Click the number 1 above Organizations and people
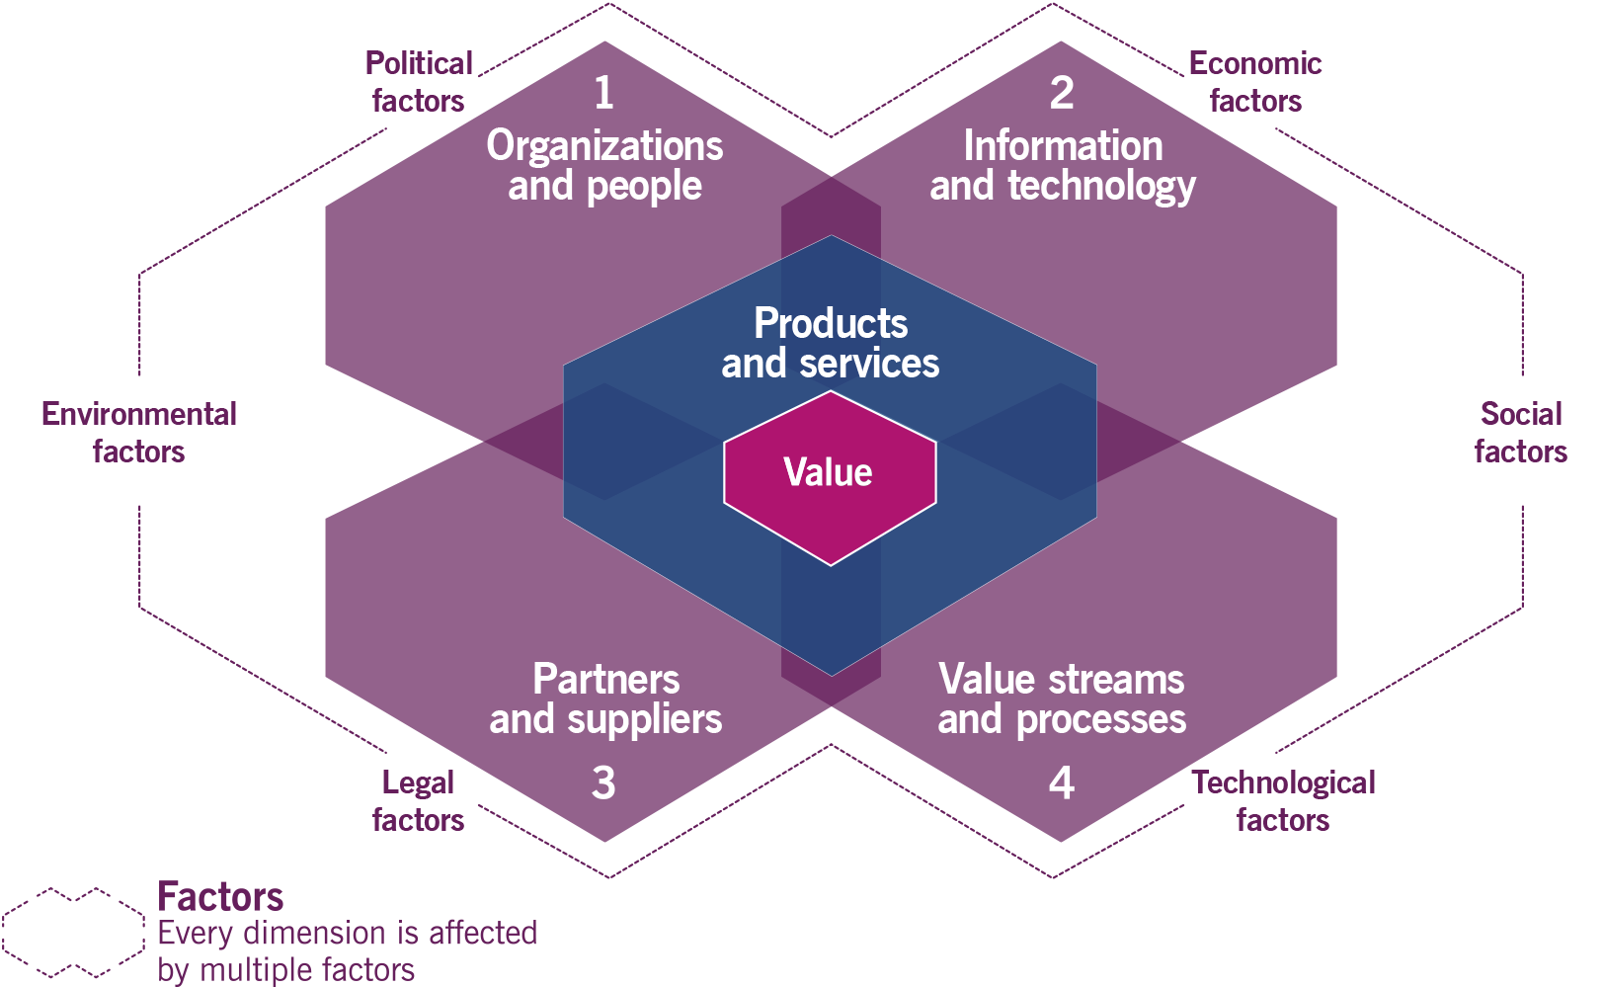pyautogui.click(x=603, y=93)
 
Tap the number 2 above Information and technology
pyautogui.click(x=1062, y=93)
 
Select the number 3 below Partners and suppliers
pyautogui.click(x=603, y=782)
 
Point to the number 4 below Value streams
pyautogui.click(x=1062, y=782)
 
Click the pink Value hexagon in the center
pyautogui.click(x=829, y=473)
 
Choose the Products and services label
pyautogui.click(x=831, y=343)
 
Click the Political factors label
pyautogui.click(x=419, y=82)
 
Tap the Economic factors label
pyautogui.click(x=1255, y=82)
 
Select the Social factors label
pyautogui.click(x=1521, y=433)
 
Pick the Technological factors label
pyautogui.click(x=1283, y=801)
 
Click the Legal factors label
pyautogui.click(x=418, y=801)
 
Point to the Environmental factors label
pyautogui.click(x=139, y=433)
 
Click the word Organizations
pyautogui.click(x=604, y=146)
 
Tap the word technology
pyautogui.click(x=1101, y=187)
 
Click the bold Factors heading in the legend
pyautogui.click(x=220, y=897)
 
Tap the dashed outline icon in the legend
pyautogui.click(x=73, y=931)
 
